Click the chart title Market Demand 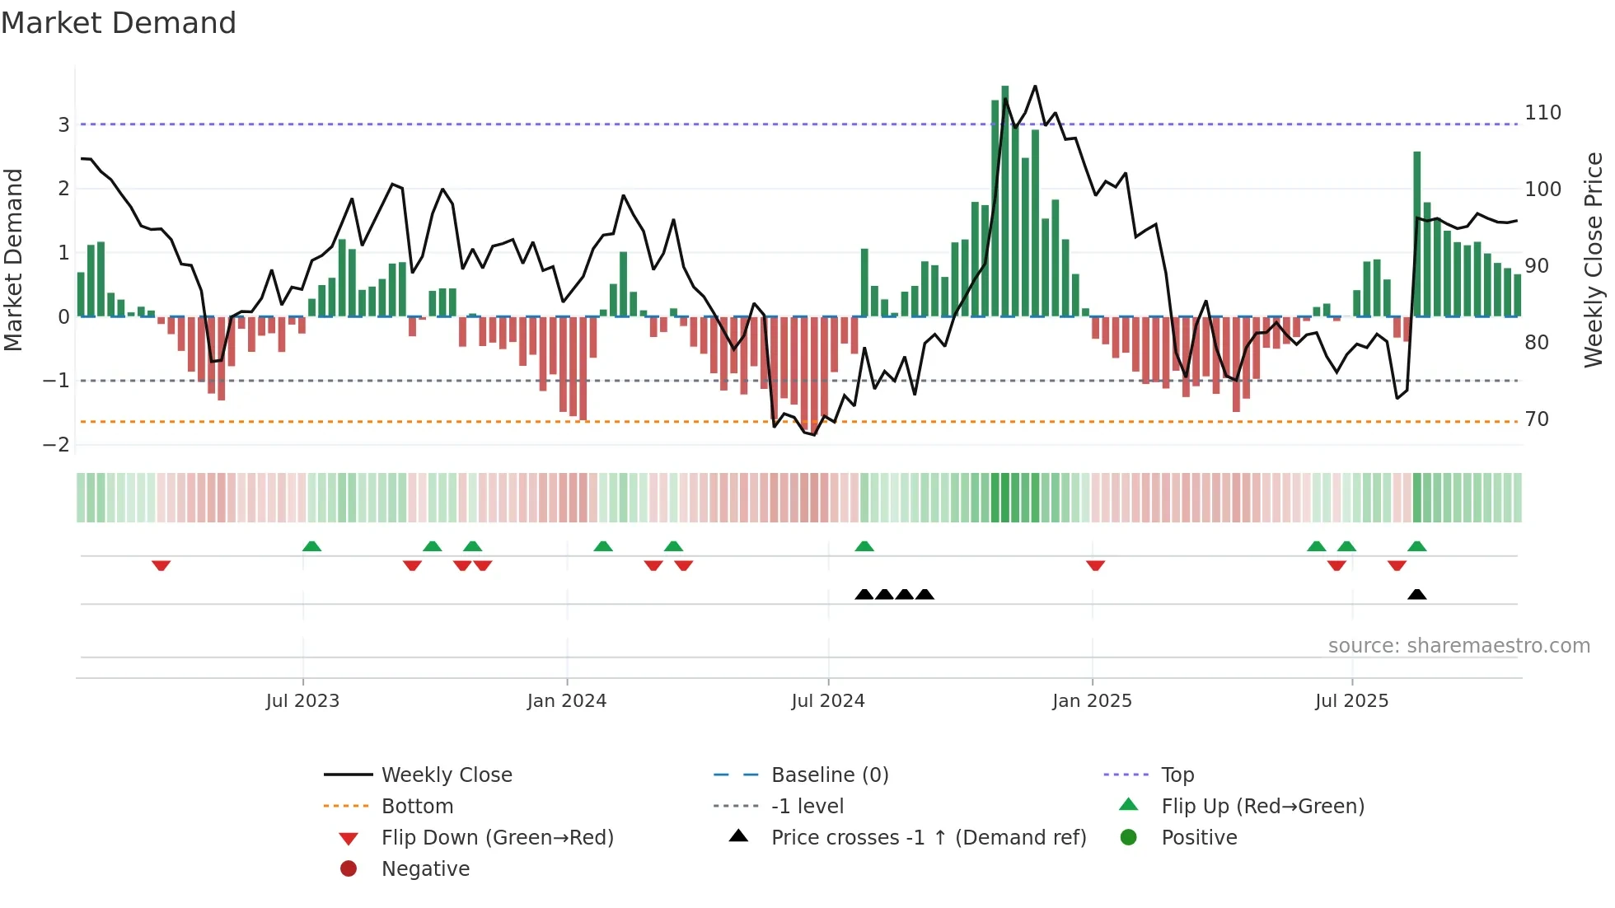tap(119, 23)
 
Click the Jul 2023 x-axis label tap(302, 701)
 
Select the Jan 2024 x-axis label tap(567, 701)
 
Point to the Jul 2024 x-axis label tap(828, 701)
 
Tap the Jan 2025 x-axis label tap(1092, 701)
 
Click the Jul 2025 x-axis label tap(1352, 701)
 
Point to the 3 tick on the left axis tap(63, 125)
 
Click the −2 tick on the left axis tap(56, 445)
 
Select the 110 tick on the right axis tap(1542, 113)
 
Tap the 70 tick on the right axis tap(1537, 419)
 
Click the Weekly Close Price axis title tap(1594, 260)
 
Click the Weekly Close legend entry tap(447, 775)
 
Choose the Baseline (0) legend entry tap(830, 775)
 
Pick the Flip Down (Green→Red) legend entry tap(497, 838)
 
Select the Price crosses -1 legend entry tap(929, 838)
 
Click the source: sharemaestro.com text tap(1458, 646)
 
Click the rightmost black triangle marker tap(1417, 594)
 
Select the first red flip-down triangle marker tap(161, 565)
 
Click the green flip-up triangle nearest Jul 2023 tap(311, 546)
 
